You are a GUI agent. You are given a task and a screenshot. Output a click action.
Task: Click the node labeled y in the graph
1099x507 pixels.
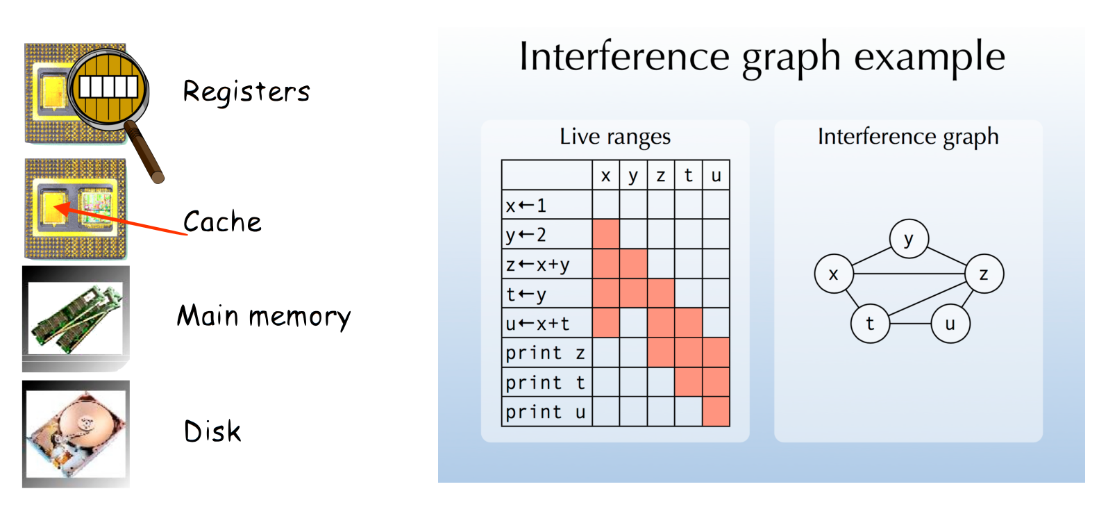[x=909, y=239]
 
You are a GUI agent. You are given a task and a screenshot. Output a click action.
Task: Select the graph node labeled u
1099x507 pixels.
[x=950, y=324]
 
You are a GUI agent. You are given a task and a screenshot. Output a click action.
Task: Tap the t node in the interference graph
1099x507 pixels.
[x=870, y=324]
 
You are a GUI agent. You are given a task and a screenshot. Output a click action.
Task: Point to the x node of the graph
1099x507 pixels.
[x=834, y=274]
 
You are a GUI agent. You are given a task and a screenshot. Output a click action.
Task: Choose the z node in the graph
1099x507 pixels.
[x=984, y=274]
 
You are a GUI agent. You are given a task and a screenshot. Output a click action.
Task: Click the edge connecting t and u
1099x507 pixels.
[x=910, y=324]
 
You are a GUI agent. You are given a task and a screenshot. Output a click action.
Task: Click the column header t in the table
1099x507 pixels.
[x=688, y=175]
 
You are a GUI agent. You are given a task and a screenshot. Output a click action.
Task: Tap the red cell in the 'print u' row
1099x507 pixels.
[x=716, y=411]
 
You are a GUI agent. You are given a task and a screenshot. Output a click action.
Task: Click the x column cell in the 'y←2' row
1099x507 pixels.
[x=606, y=234]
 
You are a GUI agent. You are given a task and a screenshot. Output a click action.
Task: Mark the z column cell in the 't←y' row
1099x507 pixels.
[x=661, y=294]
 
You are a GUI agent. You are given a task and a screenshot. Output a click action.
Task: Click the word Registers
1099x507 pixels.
[x=246, y=92]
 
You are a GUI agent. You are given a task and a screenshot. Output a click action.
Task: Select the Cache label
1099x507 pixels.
[x=222, y=222]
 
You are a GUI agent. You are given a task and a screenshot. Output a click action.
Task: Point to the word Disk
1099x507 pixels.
[x=212, y=431]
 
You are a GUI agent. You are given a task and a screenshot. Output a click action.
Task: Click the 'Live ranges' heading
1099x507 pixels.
[x=614, y=136]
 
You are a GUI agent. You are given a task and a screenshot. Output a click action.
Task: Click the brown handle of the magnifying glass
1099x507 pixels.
[x=144, y=153]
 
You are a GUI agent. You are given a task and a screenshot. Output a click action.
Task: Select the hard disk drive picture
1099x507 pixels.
[x=76, y=434]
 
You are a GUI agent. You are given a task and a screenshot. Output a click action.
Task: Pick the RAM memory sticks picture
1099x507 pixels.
[x=76, y=318]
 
